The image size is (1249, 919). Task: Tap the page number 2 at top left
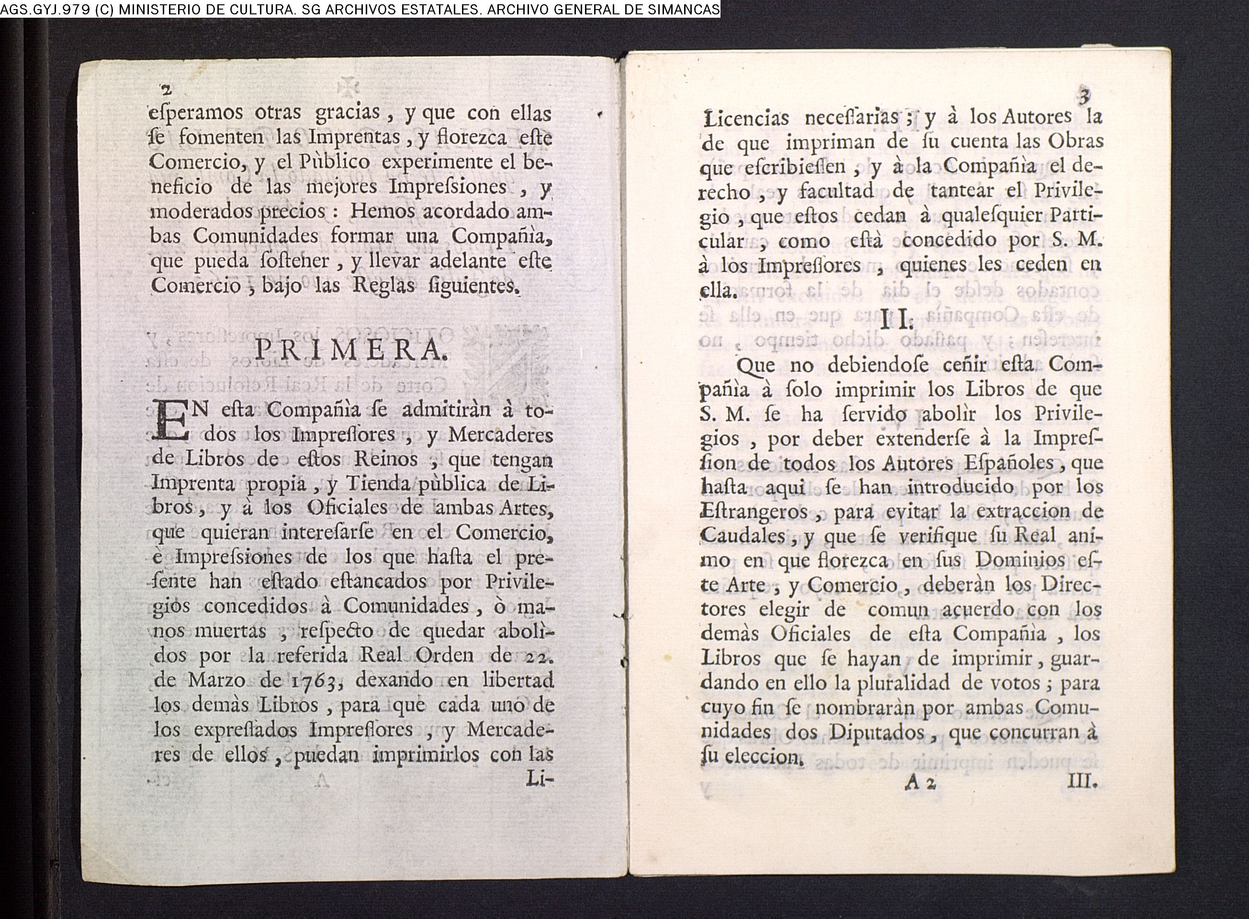[166, 90]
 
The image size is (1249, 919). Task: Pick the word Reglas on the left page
[384, 285]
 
